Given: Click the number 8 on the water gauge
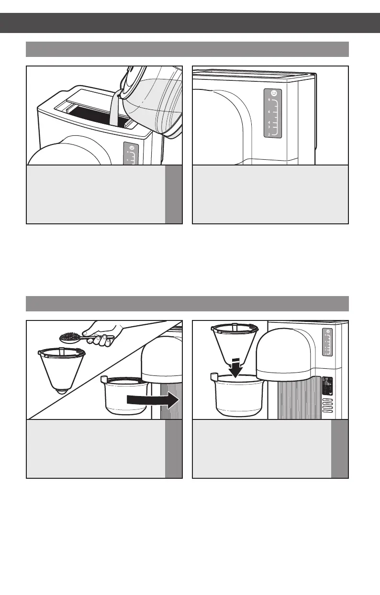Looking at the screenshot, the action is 269,100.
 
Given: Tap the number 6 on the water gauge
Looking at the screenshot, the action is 269,111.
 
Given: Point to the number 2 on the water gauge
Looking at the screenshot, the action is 269,134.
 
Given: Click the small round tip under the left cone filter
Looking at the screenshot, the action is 61,391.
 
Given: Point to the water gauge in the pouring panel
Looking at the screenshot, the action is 131,156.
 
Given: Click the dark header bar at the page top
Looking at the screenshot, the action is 190,22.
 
